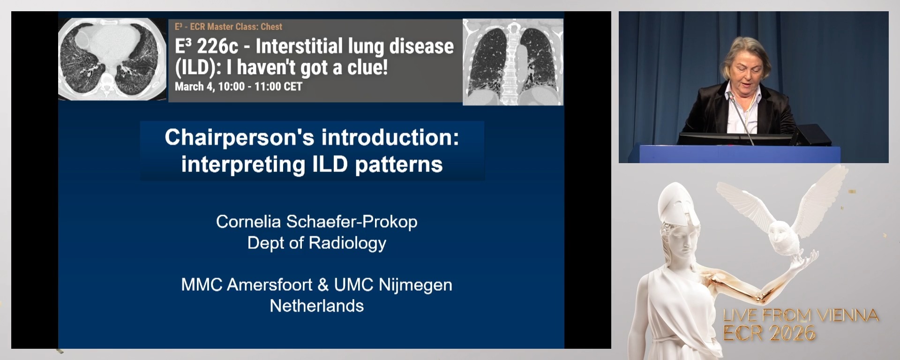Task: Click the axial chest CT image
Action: point(112,59)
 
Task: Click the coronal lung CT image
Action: point(513,62)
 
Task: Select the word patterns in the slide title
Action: point(398,165)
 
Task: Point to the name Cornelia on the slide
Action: point(248,222)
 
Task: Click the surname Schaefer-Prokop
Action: point(352,222)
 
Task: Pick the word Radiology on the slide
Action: point(347,243)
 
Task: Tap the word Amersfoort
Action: point(270,285)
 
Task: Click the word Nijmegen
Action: point(415,285)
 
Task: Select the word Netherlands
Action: point(316,306)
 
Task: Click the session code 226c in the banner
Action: point(217,46)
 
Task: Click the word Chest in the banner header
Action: point(271,27)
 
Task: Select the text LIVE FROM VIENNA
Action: point(801,315)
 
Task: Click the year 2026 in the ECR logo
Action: point(793,333)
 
